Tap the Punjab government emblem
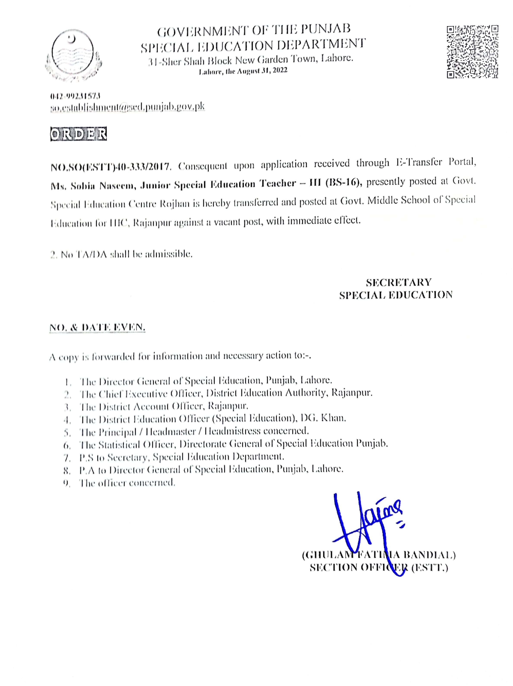73,55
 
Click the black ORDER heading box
78,134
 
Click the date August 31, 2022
262,71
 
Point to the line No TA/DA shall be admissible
122,254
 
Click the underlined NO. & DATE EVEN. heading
97,327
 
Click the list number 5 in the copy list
68,432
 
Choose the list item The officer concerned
127,483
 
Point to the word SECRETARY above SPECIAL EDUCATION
399,282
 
